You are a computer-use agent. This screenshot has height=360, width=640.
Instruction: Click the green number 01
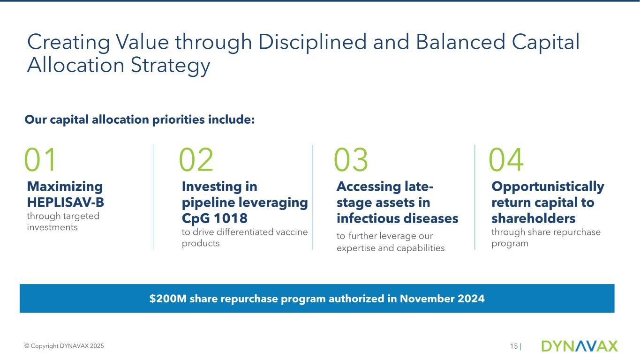coord(40,159)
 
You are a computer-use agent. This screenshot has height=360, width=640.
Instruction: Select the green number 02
coord(196,159)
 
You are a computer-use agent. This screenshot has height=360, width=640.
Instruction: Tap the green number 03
coord(351,159)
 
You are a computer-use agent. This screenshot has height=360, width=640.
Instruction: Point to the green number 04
coord(506,159)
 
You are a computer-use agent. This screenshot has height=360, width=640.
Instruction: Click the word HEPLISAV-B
coord(66,202)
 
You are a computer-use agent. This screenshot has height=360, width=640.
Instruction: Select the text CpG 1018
coord(215,218)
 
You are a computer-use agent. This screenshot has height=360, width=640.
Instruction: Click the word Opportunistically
coord(548,187)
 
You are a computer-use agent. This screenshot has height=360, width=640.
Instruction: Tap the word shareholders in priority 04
coord(534,218)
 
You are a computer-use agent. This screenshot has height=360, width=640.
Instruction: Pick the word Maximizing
coord(65,187)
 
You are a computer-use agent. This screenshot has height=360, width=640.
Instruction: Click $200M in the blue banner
coord(168,299)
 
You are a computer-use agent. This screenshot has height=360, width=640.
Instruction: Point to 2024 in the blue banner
coord(471,299)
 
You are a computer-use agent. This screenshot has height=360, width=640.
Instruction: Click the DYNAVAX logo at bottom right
coord(580,346)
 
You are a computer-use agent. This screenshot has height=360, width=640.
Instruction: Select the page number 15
coord(514,346)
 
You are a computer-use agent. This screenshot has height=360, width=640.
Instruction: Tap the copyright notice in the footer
coord(64,346)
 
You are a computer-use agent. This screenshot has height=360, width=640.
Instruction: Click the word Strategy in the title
coord(170,66)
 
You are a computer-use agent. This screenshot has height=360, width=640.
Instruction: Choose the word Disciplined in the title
coord(312,42)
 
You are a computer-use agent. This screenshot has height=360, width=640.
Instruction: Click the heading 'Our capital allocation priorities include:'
coord(140,120)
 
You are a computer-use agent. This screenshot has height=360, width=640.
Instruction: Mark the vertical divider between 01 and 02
coord(153,197)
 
